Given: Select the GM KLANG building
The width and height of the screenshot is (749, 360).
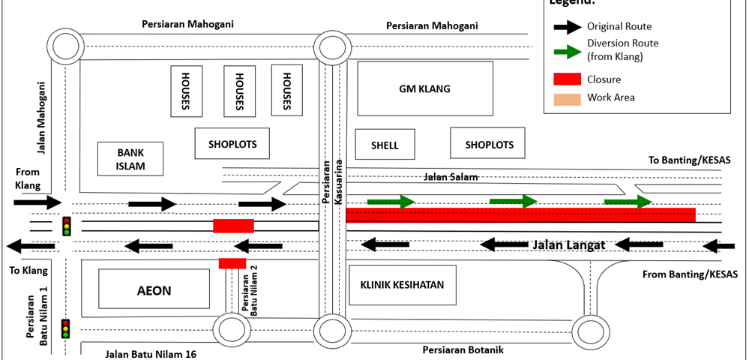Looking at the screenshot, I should coord(424,88).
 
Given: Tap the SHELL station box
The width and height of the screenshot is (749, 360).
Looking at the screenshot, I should coord(385,145).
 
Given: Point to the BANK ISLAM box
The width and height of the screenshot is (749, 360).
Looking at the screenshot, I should coord(130,159).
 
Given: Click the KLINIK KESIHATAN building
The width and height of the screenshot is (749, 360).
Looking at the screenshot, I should coord(402,285).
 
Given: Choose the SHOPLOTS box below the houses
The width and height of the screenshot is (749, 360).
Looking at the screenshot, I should coord(232,143).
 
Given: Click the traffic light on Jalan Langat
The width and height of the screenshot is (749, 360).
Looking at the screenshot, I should coord(67,226).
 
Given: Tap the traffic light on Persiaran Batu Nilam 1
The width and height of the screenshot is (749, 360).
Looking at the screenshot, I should coord(66,328).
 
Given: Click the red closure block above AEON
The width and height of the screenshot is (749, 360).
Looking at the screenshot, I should coord(233,226).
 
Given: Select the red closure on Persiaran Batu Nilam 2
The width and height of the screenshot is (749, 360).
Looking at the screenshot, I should coord(232,262).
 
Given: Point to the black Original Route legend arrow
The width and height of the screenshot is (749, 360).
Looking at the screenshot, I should coord(568,27).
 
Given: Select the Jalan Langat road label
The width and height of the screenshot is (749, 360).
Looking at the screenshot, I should coord(568,244).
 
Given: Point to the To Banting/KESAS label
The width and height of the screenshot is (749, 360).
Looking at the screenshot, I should coord(689,160).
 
